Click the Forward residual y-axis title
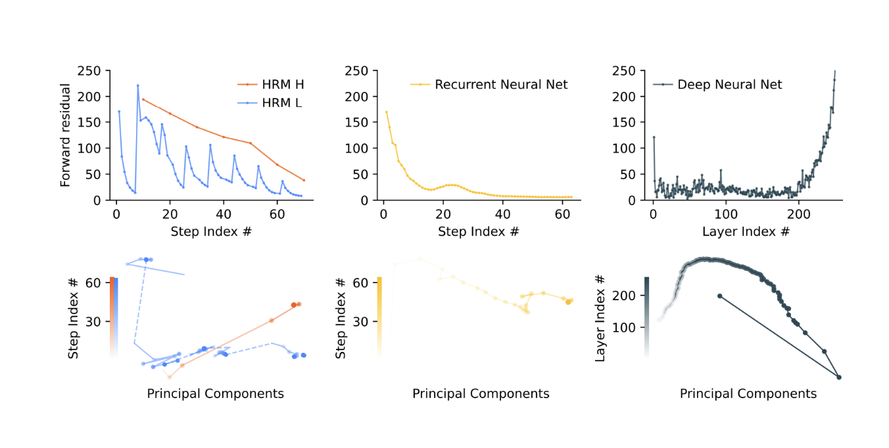point(66,135)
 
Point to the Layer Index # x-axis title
point(746,231)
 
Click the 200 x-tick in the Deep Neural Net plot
point(799,213)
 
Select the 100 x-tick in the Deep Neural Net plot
point(726,213)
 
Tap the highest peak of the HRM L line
point(137,85)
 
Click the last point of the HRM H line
point(304,180)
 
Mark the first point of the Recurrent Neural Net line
point(387,112)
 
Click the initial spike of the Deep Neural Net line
point(654,137)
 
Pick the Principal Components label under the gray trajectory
point(748,393)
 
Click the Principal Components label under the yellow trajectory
point(481,393)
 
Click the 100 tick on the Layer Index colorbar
point(628,327)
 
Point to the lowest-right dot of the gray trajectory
point(839,377)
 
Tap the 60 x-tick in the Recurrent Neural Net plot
point(562,213)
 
